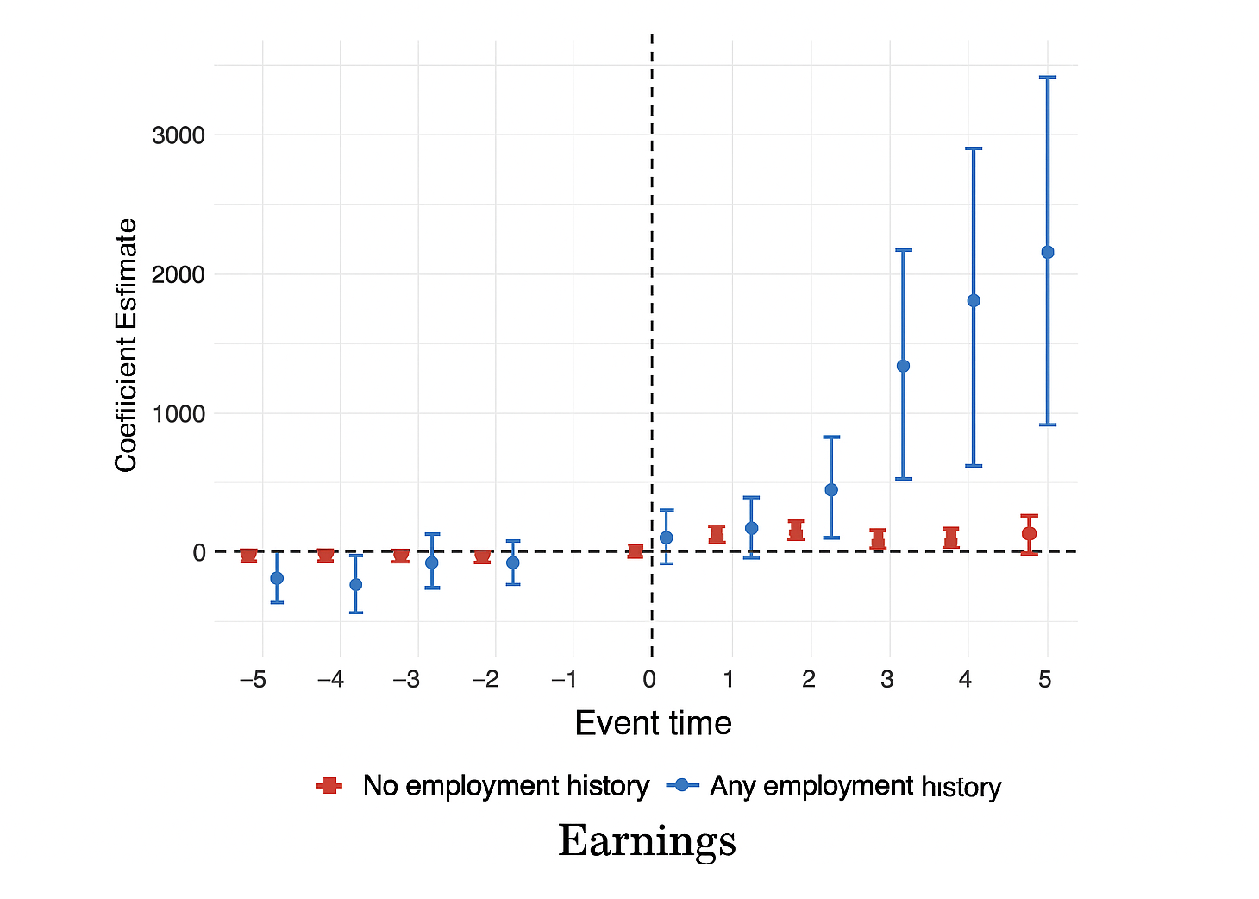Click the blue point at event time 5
tap(1048, 252)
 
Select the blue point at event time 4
tap(974, 300)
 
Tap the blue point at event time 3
tap(903, 366)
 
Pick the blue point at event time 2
tap(831, 489)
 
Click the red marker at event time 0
tap(635, 551)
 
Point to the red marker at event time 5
tap(1029, 533)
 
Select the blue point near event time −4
tap(355, 584)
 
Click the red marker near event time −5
tap(248, 555)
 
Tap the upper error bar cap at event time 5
tap(1048, 78)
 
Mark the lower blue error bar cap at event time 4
tap(974, 466)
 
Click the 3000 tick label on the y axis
tap(179, 135)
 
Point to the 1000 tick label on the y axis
tap(179, 414)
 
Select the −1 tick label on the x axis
tap(564, 680)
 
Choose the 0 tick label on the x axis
tap(649, 680)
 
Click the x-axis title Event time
tap(653, 723)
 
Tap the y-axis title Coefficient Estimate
tap(126, 345)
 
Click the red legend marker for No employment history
tap(329, 785)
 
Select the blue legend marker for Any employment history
tap(682, 785)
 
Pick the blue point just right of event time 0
tap(666, 538)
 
